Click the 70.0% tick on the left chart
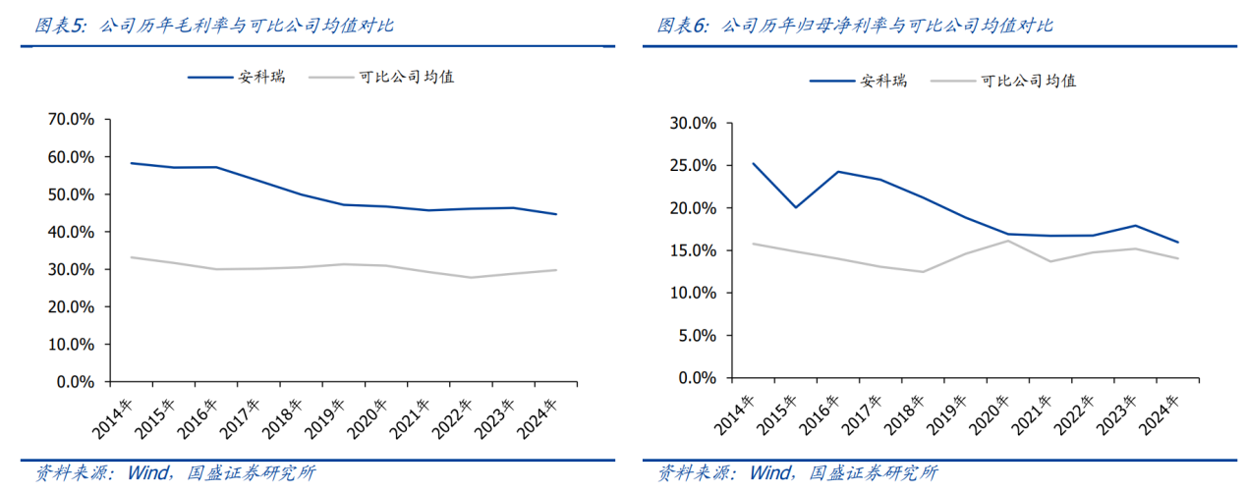point(70,119)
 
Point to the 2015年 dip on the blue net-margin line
point(795,207)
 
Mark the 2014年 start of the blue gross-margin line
point(131,163)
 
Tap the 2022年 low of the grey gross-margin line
point(470,277)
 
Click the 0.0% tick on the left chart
point(74,381)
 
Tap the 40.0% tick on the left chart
point(70,232)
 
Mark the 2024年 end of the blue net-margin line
point(1177,243)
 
